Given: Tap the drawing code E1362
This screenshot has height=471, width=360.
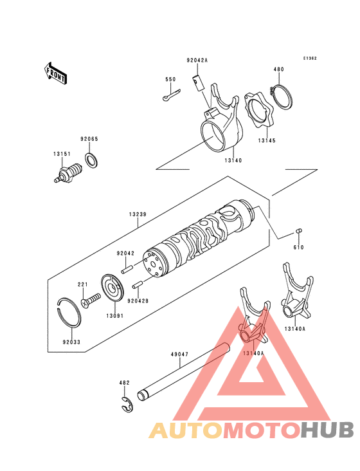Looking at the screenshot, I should pos(310,58).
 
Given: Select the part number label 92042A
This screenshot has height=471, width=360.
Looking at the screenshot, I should pos(197,60).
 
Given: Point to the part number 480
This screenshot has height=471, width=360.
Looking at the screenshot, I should pos(278,69).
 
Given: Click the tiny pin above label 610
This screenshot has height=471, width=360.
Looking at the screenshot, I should pos(299,231).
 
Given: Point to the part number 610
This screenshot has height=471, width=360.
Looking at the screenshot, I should pos(298,247).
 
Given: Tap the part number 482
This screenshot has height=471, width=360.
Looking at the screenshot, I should pos(124,383).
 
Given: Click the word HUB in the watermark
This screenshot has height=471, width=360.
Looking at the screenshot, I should pos(327,430).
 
